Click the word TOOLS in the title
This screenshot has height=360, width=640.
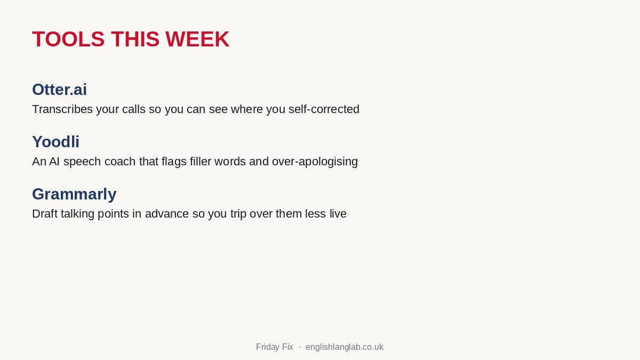point(68,39)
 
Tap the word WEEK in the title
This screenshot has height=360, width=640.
point(197,39)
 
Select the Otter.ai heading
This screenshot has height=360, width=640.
point(59,90)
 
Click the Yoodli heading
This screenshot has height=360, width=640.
point(55,142)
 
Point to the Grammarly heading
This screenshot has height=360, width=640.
point(74,194)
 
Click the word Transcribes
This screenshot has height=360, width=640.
point(62,109)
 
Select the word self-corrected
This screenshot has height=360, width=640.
point(324,109)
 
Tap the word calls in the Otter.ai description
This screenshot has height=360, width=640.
point(134,109)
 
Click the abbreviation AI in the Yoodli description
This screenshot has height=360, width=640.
point(54,162)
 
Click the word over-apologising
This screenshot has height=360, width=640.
point(315,162)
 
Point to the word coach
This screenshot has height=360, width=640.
point(120,162)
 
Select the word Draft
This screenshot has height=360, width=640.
point(45,214)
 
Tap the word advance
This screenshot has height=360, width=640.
point(167,214)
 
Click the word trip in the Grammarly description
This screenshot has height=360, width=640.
point(238,214)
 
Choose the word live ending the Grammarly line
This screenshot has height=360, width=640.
point(338,214)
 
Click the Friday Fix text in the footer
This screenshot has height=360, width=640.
point(275,347)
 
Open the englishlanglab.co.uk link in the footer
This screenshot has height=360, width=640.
point(345,347)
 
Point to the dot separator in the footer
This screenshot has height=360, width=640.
point(299,347)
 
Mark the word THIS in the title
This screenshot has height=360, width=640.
point(135,39)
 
